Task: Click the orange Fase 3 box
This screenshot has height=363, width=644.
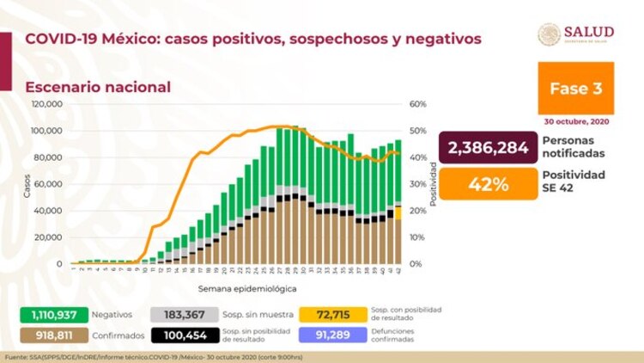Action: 575,87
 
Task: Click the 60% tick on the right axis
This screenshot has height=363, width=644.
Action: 418,104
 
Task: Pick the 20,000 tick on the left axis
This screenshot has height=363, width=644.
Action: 48,237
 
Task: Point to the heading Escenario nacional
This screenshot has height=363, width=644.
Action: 97,87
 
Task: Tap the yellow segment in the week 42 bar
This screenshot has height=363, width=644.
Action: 398,212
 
